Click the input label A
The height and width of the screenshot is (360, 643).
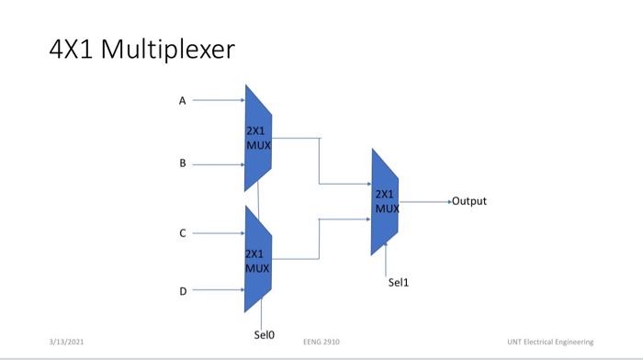[x=182, y=101]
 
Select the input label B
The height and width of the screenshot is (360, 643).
[x=182, y=163]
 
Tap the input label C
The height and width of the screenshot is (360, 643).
[x=182, y=234]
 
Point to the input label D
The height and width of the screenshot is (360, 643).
[x=182, y=291]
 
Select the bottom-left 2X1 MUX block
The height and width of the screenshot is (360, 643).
[x=258, y=260]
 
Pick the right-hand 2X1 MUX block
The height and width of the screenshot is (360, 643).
[x=386, y=201]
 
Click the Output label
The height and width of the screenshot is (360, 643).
[x=468, y=201]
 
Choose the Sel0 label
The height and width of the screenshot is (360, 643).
[x=264, y=335]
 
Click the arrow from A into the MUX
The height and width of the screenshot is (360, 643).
[x=217, y=101]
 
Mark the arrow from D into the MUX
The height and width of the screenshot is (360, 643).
[x=217, y=291]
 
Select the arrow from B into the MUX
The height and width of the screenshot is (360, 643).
[x=217, y=164]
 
